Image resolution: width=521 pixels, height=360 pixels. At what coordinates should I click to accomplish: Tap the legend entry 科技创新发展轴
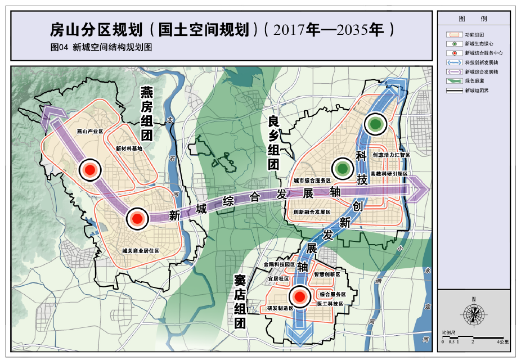coord(482,62)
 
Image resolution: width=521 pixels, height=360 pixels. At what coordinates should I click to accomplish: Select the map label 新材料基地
coord(129,148)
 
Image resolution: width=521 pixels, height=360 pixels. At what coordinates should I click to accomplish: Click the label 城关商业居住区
coord(141,251)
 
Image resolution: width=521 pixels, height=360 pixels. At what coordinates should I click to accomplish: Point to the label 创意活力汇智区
coord(391,155)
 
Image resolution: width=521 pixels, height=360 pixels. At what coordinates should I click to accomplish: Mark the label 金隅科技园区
coord(279,264)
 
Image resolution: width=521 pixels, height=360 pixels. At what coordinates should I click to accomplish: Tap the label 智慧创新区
coord(327,274)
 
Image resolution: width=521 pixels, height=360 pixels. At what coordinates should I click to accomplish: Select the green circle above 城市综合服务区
coord(342,168)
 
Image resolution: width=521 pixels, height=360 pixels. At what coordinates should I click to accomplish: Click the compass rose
coord(474,314)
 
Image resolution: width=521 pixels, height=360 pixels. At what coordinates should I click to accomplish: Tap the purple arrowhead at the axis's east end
coord(419,188)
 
